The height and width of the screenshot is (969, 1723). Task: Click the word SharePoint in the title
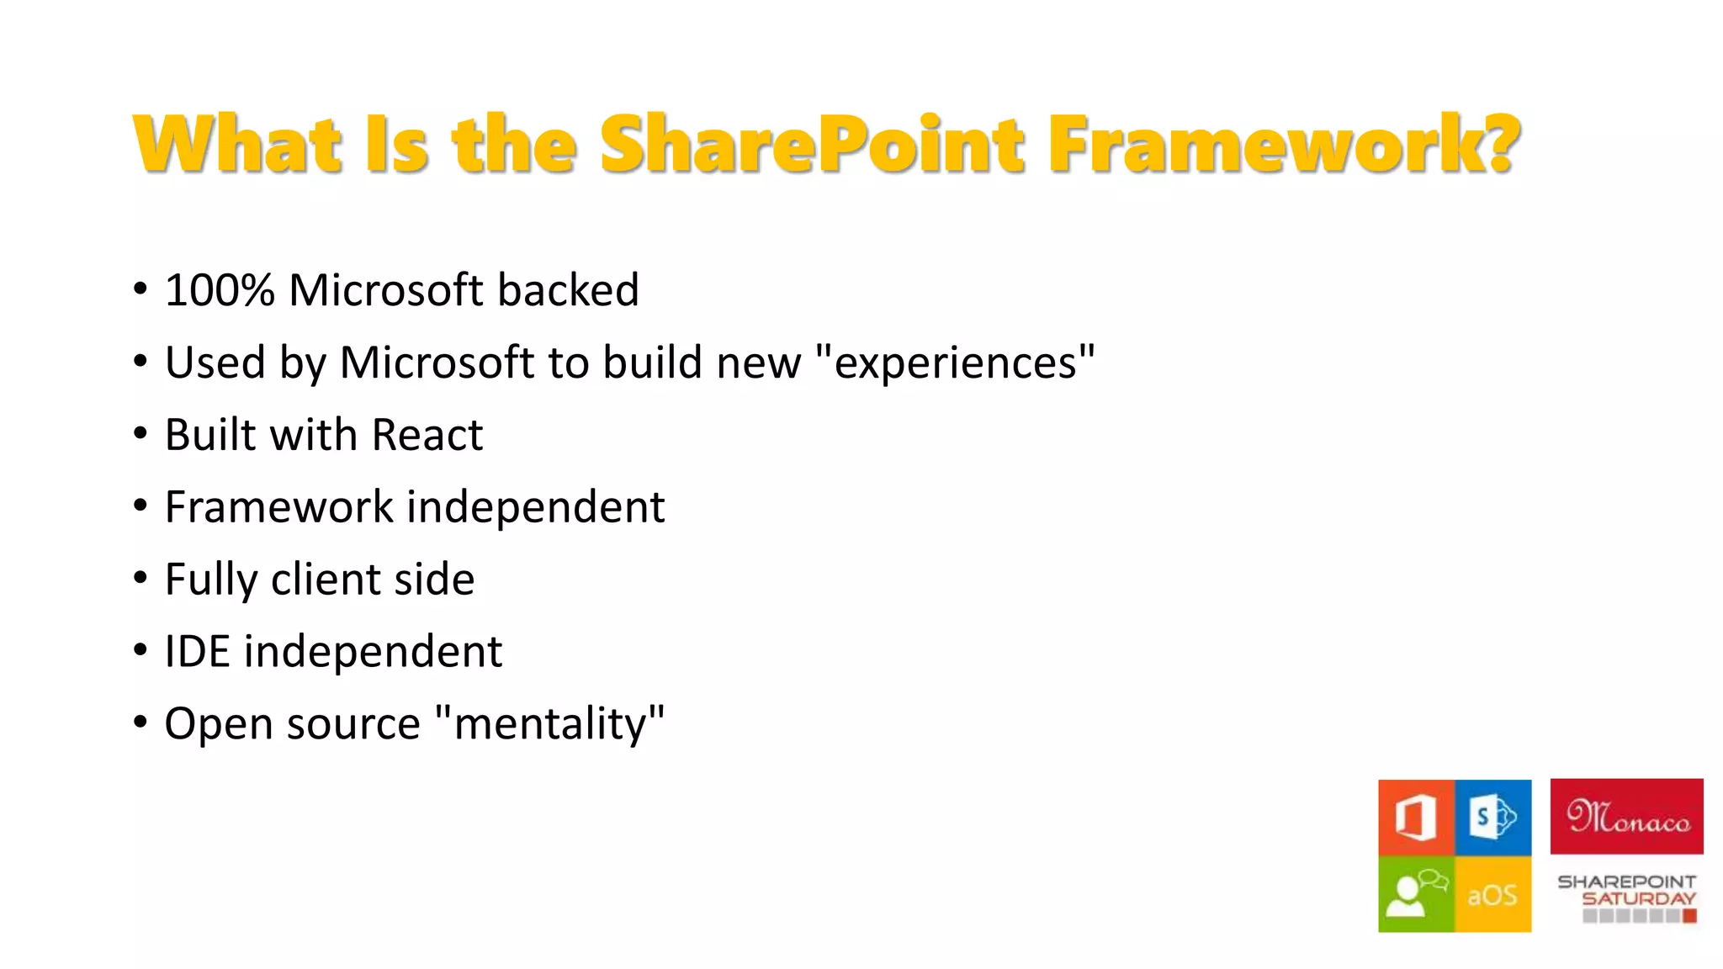pos(812,145)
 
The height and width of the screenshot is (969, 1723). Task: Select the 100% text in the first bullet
pos(220,290)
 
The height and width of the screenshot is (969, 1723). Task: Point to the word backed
pos(568,290)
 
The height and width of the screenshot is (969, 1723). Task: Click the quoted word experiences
pos(956,363)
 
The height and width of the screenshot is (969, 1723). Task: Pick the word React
pos(427,435)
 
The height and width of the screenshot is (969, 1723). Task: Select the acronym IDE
pos(197,652)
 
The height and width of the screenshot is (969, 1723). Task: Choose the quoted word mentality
pos(550,724)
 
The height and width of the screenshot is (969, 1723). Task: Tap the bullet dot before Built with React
pos(140,434)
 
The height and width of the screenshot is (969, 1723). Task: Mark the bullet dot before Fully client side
pos(140,579)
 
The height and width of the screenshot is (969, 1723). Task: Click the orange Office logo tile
pos(1416,817)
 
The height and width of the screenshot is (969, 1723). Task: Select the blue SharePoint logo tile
pos(1493,817)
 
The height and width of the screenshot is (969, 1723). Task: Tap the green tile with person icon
pos(1416,894)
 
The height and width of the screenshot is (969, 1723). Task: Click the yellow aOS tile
pos(1493,894)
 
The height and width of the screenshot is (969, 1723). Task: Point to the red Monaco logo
pos(1626,817)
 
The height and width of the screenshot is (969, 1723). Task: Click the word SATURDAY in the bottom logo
pos(1638,898)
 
